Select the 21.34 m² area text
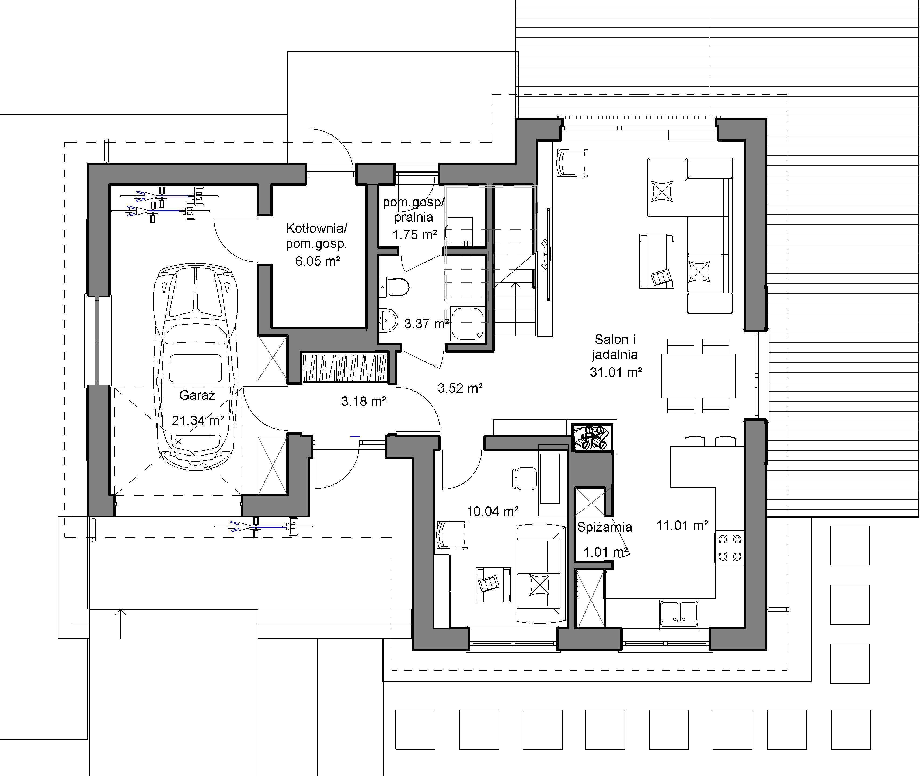click(x=198, y=420)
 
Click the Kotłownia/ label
click(x=316, y=228)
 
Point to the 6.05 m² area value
click(x=317, y=261)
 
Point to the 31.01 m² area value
click(x=616, y=372)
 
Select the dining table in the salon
click(x=698, y=376)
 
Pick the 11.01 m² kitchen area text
click(x=682, y=525)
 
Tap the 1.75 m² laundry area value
click(x=414, y=235)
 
